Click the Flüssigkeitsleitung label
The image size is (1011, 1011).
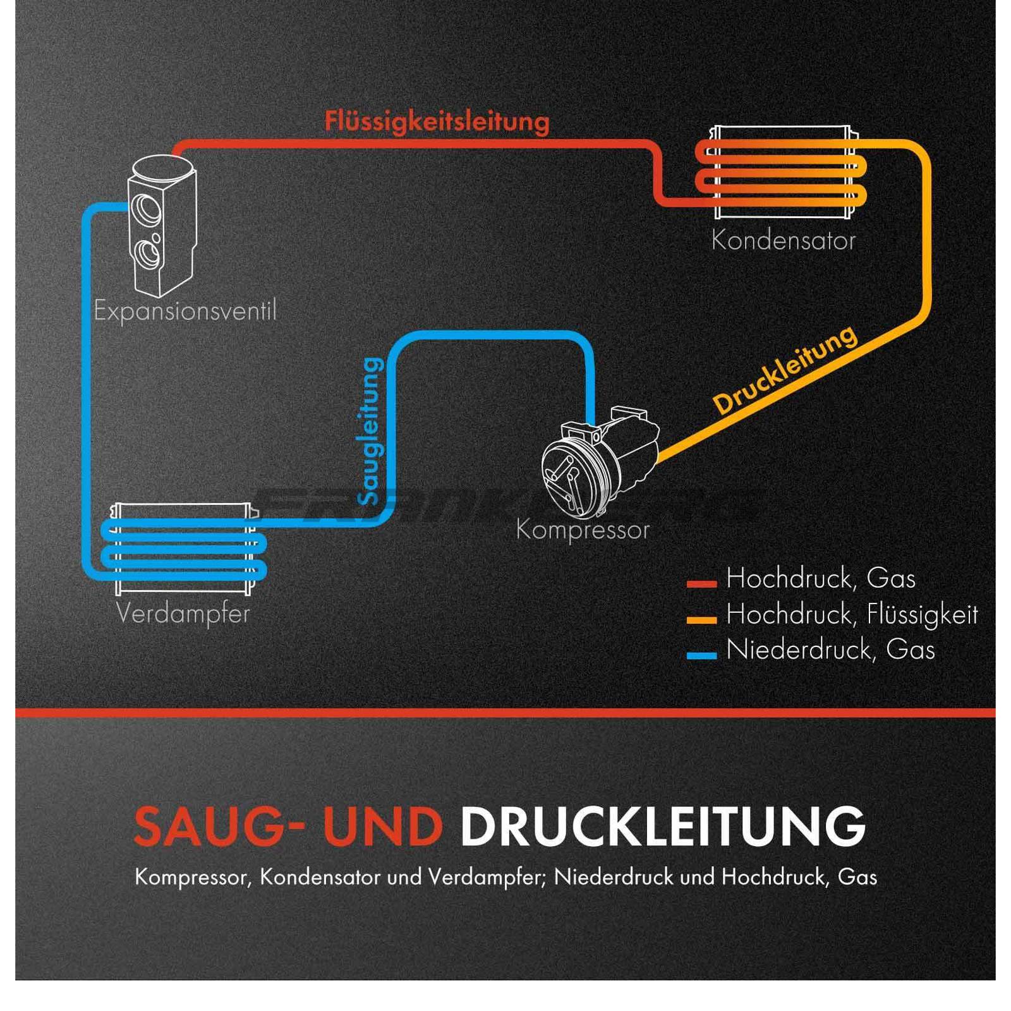(437, 121)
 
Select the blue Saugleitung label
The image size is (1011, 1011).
(371, 432)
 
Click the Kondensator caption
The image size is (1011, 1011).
(783, 241)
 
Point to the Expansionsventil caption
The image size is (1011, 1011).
(185, 311)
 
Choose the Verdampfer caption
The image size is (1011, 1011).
(183, 614)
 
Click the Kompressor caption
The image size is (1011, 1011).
(583, 530)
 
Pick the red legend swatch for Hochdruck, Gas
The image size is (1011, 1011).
(701, 584)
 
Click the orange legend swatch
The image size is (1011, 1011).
(701, 620)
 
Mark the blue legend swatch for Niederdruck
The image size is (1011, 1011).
(701, 656)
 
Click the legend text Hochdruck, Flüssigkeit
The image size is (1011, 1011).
(852, 614)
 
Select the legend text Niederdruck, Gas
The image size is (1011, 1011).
(830, 650)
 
